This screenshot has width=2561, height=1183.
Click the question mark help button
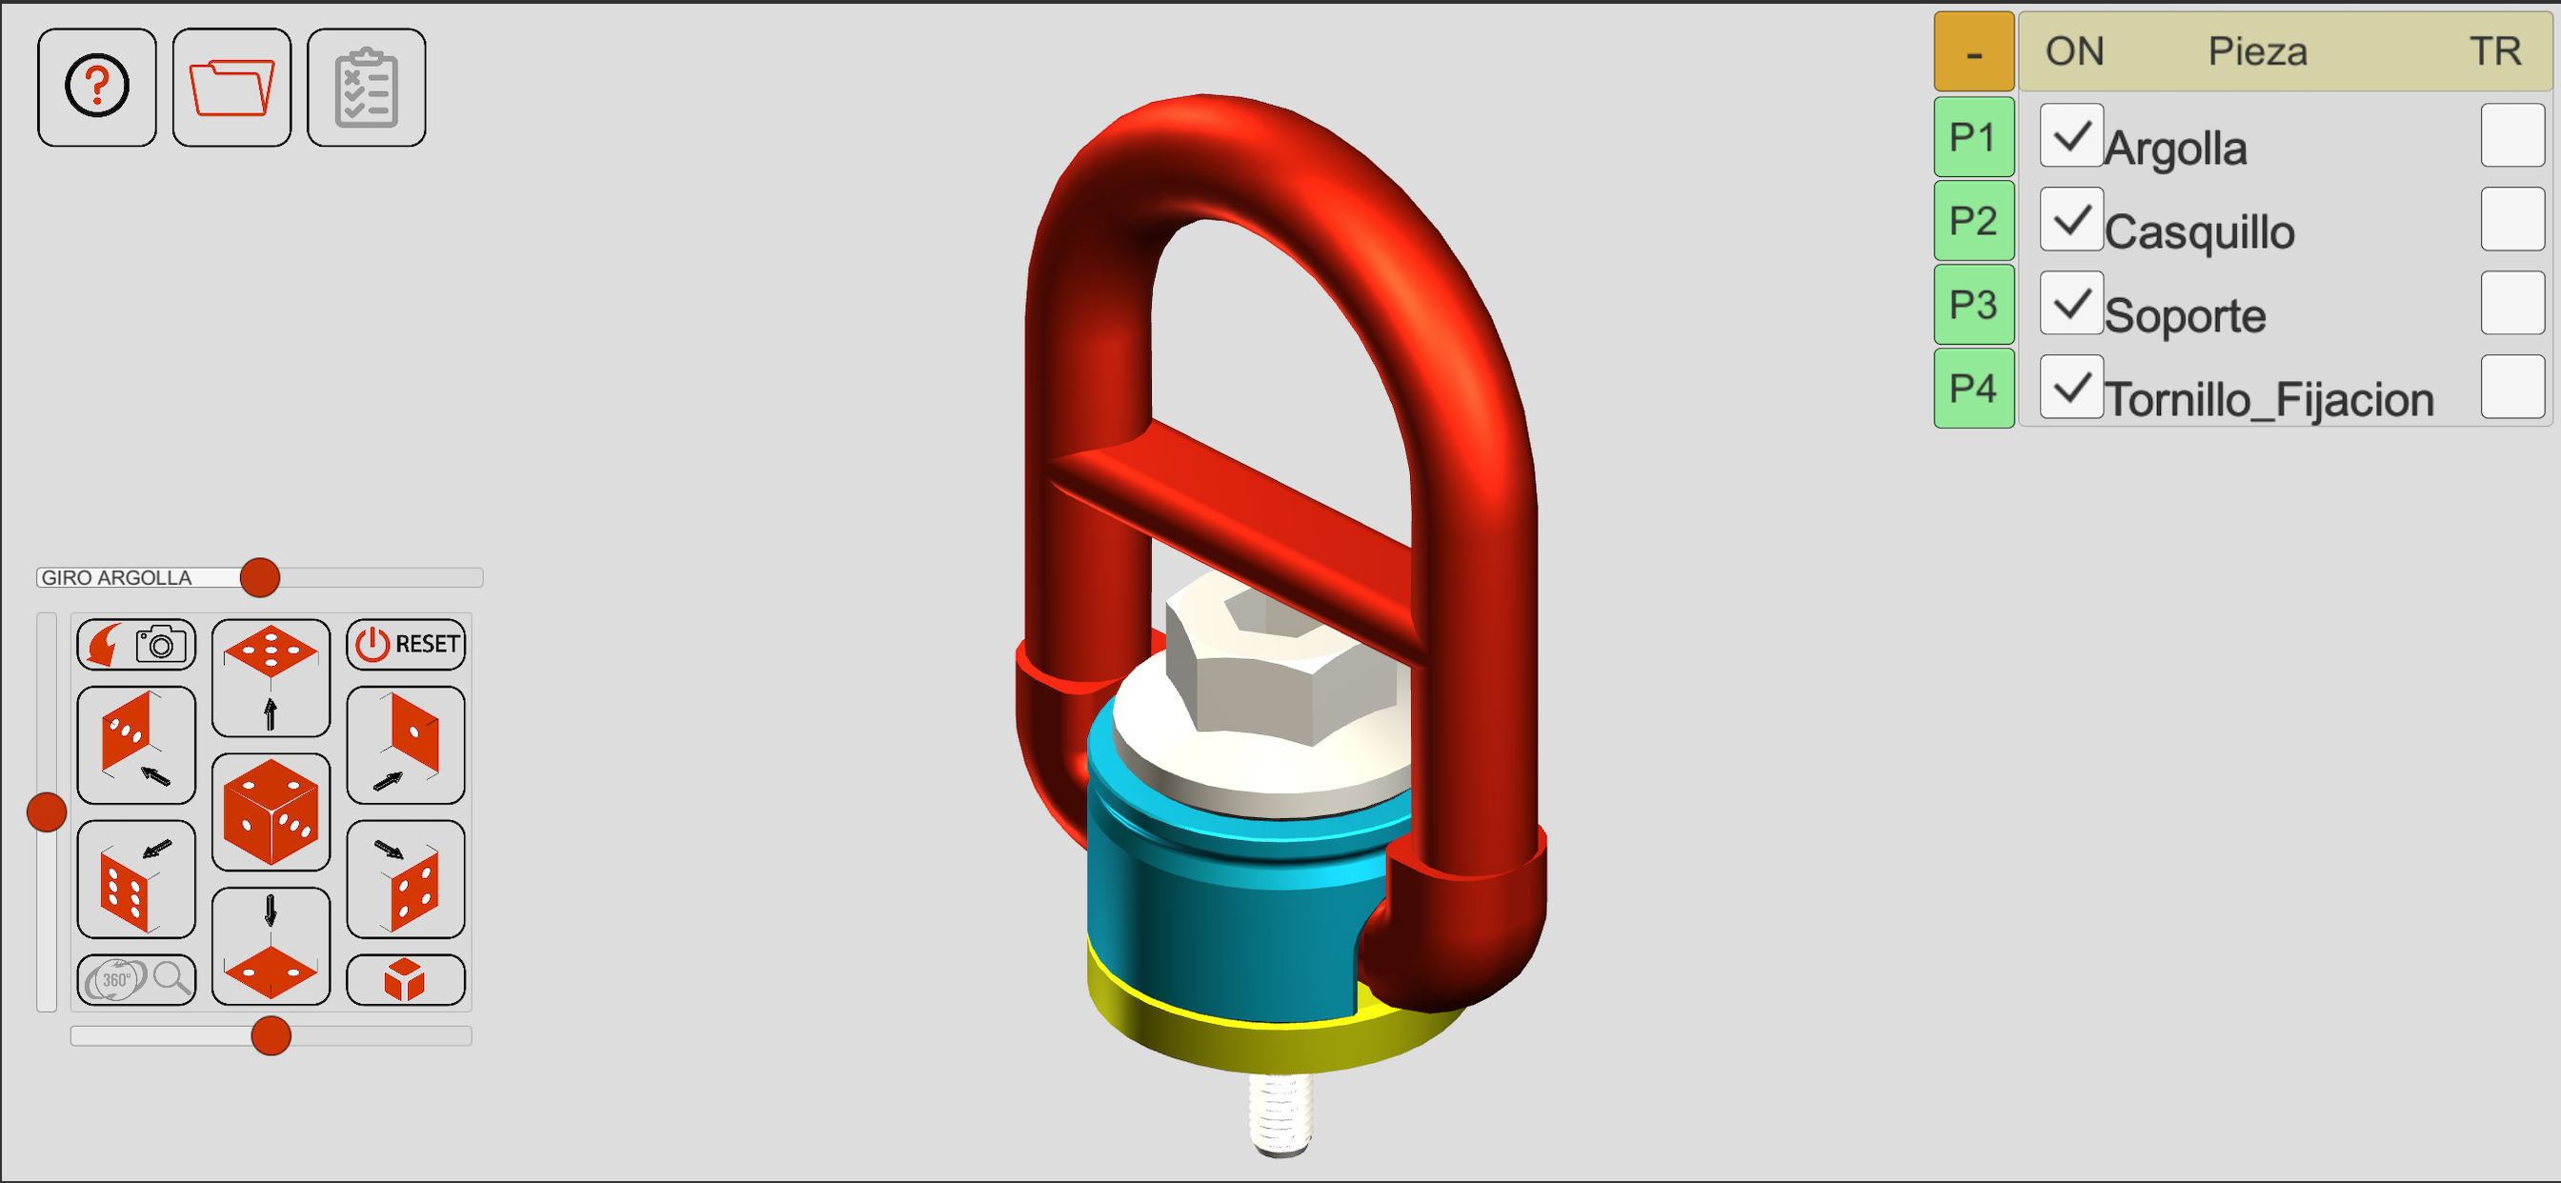[96, 88]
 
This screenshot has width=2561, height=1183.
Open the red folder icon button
[232, 88]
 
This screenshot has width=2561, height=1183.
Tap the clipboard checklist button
[367, 88]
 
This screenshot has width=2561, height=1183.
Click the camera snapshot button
[136, 644]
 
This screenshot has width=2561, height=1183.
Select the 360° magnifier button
[136, 980]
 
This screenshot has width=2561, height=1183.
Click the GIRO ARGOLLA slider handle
[260, 577]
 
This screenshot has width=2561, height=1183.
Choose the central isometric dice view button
[271, 812]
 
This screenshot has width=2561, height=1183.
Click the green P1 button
[1973, 137]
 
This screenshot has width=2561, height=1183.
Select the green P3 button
[1973, 304]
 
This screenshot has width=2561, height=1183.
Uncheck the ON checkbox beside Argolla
[2072, 135]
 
